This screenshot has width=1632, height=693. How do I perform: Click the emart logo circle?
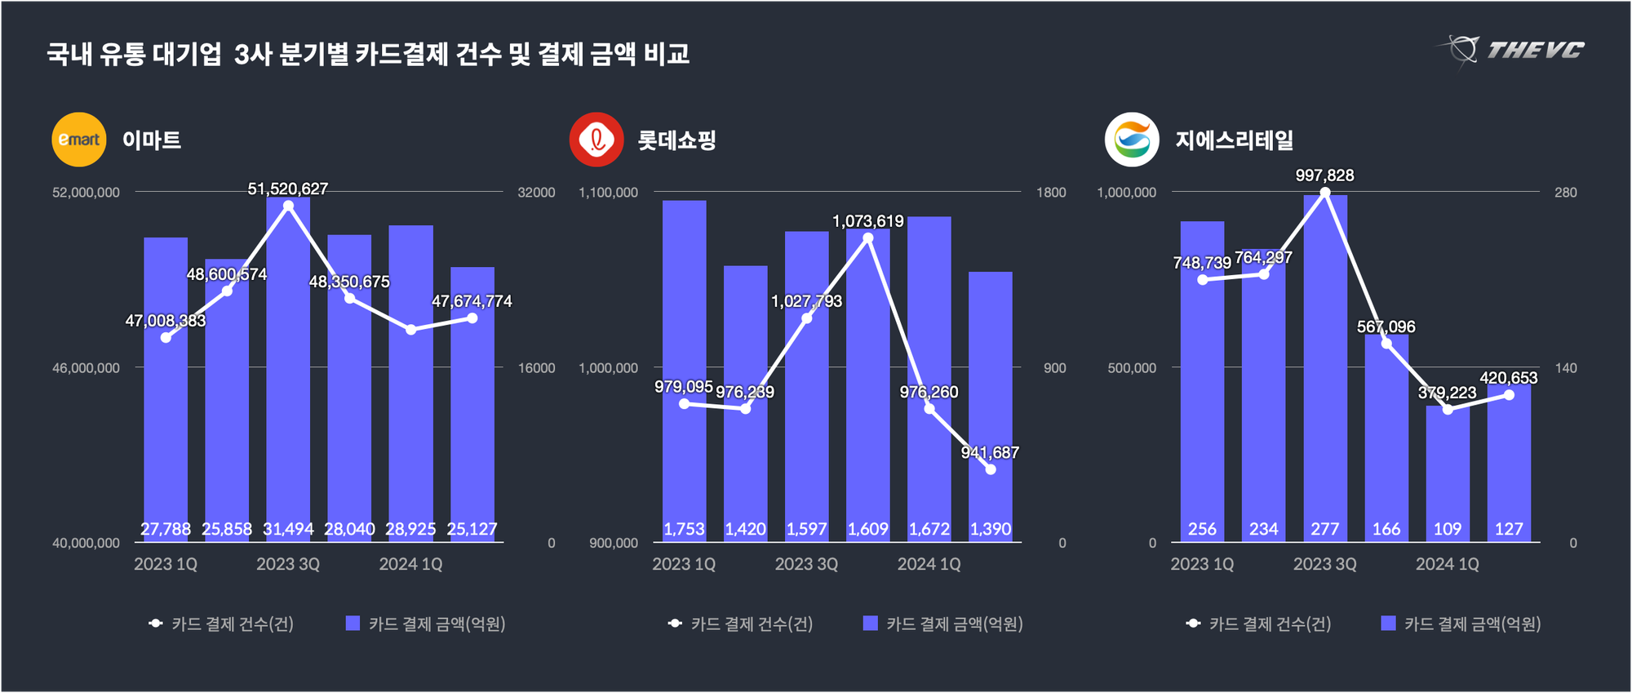pyautogui.click(x=79, y=140)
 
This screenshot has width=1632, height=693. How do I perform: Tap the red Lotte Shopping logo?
pyautogui.click(x=596, y=140)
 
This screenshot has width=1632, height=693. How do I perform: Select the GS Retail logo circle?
pyautogui.click(x=1132, y=140)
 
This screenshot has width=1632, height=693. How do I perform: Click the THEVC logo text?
pyautogui.click(x=1534, y=51)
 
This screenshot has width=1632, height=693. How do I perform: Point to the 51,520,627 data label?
pyautogui.click(x=288, y=189)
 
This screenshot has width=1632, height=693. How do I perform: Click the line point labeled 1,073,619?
pyautogui.click(x=868, y=238)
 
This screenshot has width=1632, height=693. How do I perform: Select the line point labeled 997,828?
pyautogui.click(x=1325, y=193)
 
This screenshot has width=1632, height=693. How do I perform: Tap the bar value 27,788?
pyautogui.click(x=166, y=529)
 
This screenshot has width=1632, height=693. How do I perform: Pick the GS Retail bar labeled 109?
pyautogui.click(x=1448, y=473)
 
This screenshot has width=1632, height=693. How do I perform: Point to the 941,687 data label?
pyautogui.click(x=990, y=453)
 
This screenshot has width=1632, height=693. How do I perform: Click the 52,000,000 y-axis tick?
pyautogui.click(x=86, y=193)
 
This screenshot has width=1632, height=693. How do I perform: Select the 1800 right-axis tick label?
pyautogui.click(x=1051, y=193)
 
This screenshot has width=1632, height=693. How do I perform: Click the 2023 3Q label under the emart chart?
pyautogui.click(x=288, y=564)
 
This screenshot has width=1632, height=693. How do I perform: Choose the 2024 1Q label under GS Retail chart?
pyautogui.click(x=1447, y=564)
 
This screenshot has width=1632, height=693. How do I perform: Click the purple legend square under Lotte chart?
pyautogui.click(x=871, y=624)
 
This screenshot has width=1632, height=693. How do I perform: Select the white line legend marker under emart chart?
pyautogui.click(x=156, y=624)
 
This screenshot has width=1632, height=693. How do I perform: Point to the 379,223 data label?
pyautogui.click(x=1447, y=393)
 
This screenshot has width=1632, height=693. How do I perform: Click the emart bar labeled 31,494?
pyautogui.click(x=288, y=367)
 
